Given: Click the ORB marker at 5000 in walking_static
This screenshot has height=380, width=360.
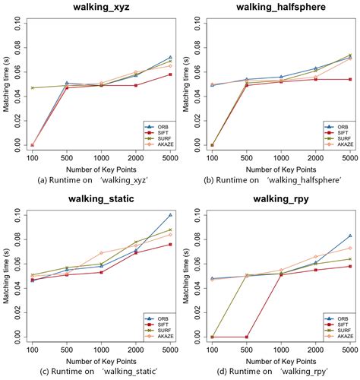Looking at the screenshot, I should pos(171,215).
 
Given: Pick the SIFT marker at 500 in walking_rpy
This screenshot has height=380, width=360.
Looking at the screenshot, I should pos(245,337).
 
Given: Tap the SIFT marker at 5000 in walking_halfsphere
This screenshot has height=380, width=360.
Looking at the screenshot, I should pos(349,79).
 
